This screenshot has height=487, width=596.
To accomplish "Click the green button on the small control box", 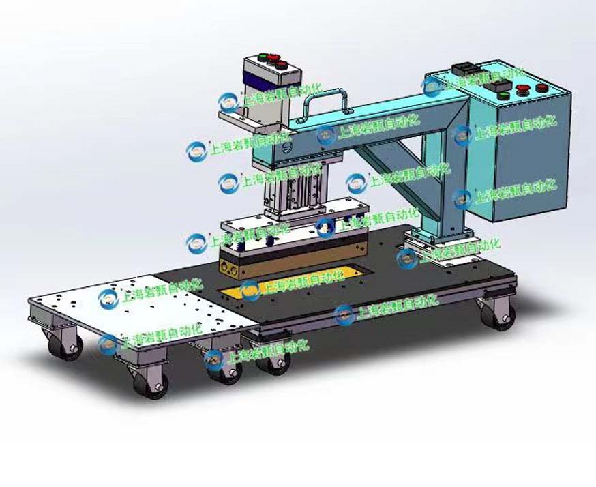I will click(x=260, y=57).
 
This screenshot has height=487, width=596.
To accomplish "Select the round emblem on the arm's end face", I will click(x=287, y=146).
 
